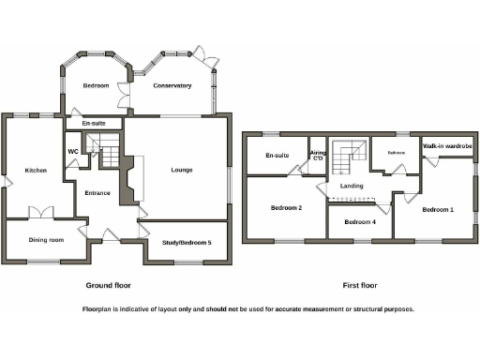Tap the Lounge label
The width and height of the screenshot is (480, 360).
(x=182, y=170)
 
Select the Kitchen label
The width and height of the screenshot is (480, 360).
(x=36, y=171)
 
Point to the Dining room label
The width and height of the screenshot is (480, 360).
(x=46, y=240)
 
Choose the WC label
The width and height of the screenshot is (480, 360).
(x=73, y=151)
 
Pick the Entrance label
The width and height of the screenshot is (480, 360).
(x=97, y=193)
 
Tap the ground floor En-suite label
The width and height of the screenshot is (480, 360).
(x=93, y=123)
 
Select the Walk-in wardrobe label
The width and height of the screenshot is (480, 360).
(x=446, y=147)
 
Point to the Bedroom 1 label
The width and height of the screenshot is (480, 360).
(x=438, y=209)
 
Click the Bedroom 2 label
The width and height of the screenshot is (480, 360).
(x=286, y=207)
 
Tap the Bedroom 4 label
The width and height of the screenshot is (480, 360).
(x=359, y=222)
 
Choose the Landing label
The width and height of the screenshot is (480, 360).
(x=352, y=187)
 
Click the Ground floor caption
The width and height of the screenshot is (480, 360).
(x=109, y=285)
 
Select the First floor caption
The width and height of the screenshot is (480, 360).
(x=361, y=285)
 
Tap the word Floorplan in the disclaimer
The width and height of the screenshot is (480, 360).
(x=100, y=308)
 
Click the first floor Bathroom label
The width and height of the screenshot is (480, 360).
(x=397, y=151)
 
